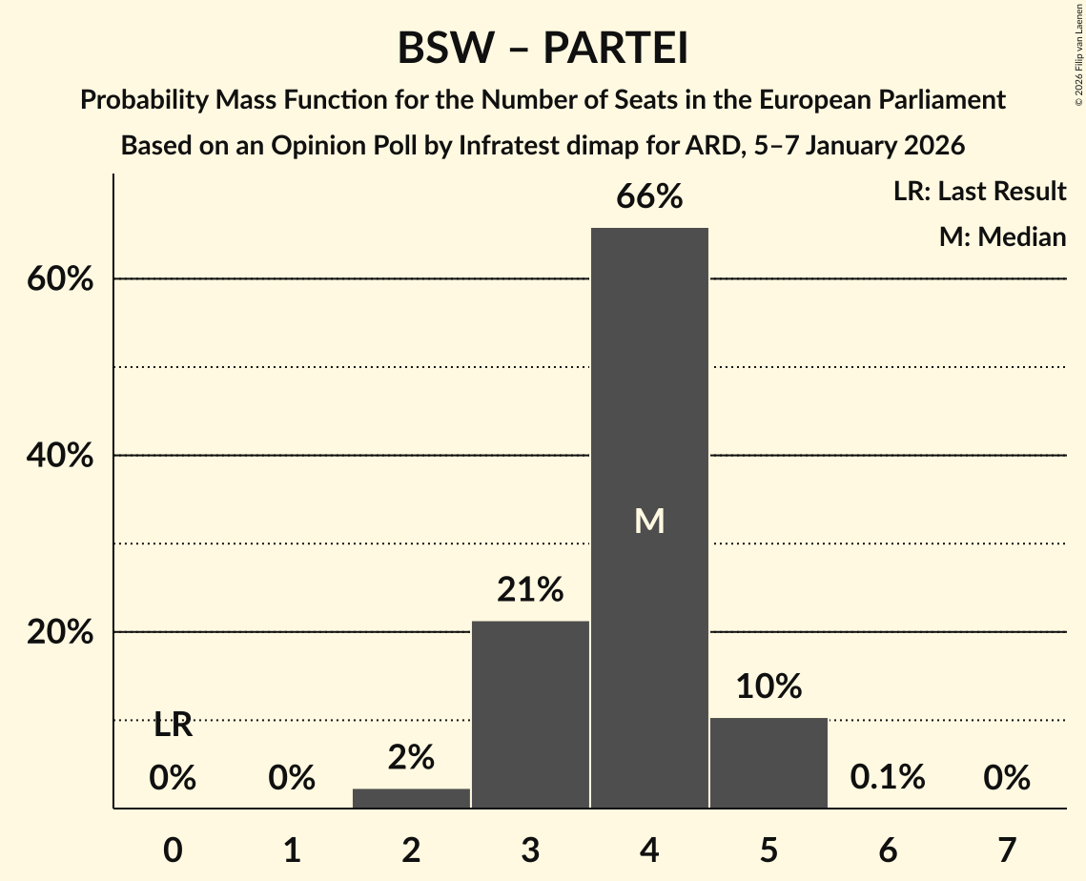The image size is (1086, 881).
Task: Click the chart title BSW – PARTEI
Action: pos(543,49)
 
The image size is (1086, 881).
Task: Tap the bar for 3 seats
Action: pos(530,714)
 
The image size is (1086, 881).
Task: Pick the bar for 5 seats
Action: pos(768,763)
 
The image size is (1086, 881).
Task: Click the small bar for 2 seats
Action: pos(411,798)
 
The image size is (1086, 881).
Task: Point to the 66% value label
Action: pos(649,197)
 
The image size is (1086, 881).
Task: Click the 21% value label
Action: pos(530,590)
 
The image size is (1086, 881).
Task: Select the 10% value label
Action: pos(768,686)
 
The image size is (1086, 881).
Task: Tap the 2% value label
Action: pos(411,758)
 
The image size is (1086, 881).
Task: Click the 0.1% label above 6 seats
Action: pos(888,778)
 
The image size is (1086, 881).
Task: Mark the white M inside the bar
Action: pos(649,521)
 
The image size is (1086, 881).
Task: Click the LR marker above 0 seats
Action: pos(173,726)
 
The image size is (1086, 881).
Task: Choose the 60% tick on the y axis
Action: pos(59,280)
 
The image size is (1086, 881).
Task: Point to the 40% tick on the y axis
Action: pos(59,457)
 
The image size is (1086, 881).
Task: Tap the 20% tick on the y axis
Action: pos(59,633)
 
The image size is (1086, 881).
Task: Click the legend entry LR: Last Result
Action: pos(979,192)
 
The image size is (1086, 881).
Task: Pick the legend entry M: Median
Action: pos(1002,236)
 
